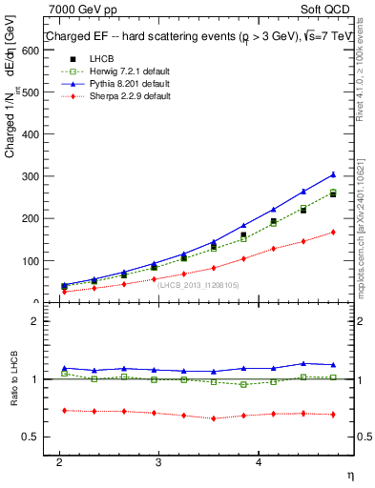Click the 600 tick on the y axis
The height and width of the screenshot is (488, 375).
(32, 50)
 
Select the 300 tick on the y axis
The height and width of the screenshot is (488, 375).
(32, 176)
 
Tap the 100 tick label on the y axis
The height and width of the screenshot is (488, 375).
(32, 260)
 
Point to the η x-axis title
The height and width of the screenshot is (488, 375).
(348, 474)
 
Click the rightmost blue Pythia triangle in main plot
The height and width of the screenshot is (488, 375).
(333, 174)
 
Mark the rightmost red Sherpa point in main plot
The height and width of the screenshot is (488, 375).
(333, 232)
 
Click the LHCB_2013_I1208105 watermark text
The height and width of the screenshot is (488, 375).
(198, 285)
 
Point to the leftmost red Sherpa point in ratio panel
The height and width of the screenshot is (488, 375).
(64, 410)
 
